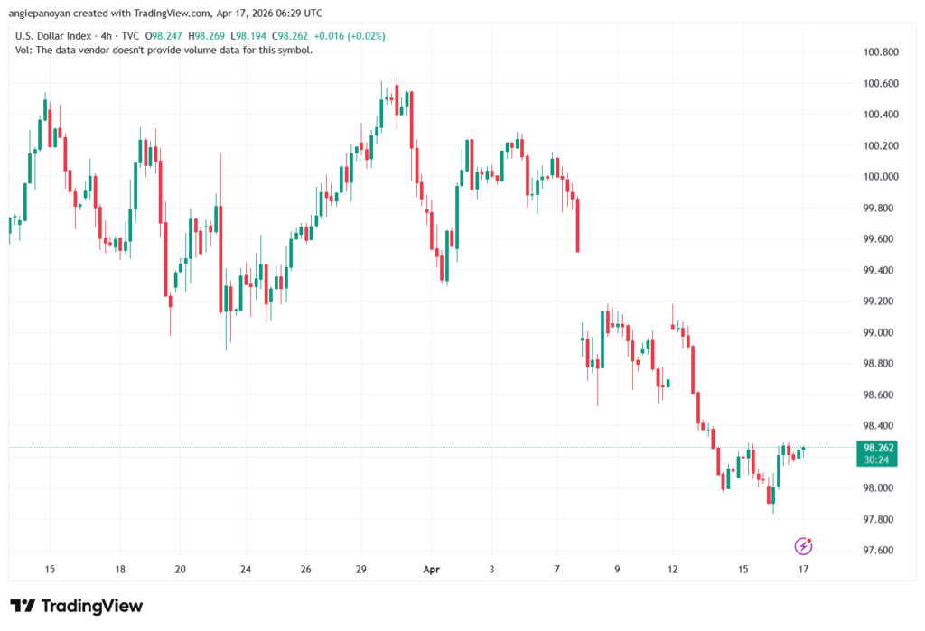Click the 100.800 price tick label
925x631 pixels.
click(x=880, y=52)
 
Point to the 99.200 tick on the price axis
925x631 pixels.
click(x=880, y=302)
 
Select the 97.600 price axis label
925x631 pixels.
click(x=880, y=551)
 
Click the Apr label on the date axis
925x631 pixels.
click(x=431, y=569)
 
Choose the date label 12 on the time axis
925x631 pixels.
click(x=672, y=569)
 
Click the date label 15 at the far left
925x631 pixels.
click(x=50, y=569)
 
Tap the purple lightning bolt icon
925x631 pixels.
click(x=803, y=546)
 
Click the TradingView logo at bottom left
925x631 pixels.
click(x=76, y=606)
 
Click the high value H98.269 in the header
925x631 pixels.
click(x=177, y=35)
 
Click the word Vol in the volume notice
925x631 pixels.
click(x=24, y=50)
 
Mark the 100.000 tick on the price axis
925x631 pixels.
click(x=880, y=177)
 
